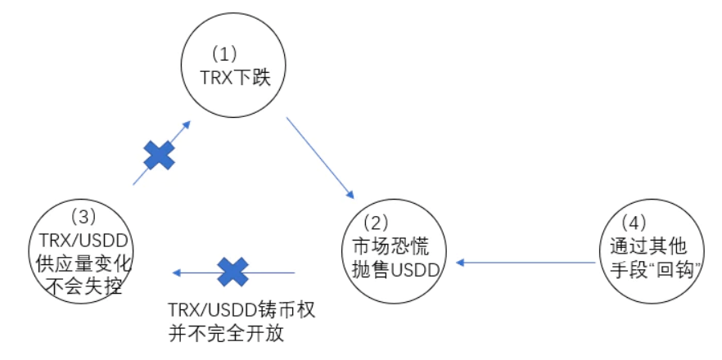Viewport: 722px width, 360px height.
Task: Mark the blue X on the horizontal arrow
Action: point(232,271)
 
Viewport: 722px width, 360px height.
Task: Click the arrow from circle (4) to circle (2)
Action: point(526,263)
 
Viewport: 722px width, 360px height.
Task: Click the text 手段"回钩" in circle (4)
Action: point(652,271)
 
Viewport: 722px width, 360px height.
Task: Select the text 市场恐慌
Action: point(385,247)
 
